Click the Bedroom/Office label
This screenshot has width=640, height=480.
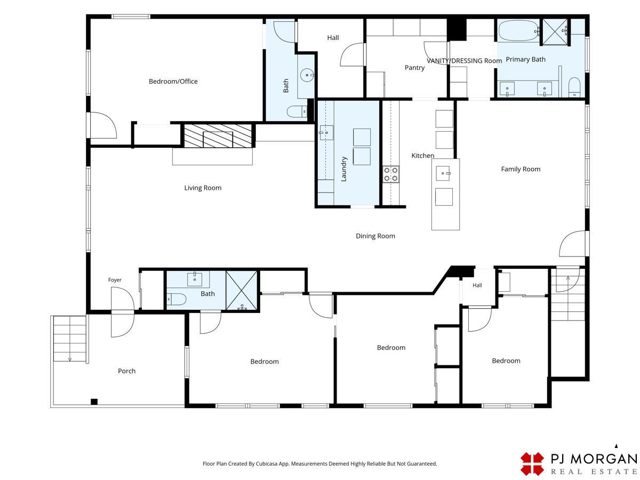point(173,81)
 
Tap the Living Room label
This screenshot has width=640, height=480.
point(203,188)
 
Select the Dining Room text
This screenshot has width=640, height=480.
point(375,236)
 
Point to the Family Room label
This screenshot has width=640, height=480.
point(521,169)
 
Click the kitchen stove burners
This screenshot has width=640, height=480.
point(391,174)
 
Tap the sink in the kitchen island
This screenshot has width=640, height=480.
point(443,173)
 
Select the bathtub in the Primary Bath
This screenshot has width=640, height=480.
point(518,30)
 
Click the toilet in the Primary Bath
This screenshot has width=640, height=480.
point(574,87)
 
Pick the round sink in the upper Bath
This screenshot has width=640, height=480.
point(307,75)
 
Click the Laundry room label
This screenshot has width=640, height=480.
point(344,169)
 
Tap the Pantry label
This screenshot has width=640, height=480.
point(414,68)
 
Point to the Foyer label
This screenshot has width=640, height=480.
point(115,280)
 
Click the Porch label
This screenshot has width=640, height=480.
point(126,371)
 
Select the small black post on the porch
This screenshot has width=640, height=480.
point(94,402)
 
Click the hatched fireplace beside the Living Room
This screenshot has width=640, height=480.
point(218,136)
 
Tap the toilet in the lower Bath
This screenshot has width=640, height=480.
point(177,299)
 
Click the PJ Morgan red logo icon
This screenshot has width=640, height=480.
point(532,463)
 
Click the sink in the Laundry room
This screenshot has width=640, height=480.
point(326,133)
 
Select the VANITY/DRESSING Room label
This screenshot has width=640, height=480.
point(464,61)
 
